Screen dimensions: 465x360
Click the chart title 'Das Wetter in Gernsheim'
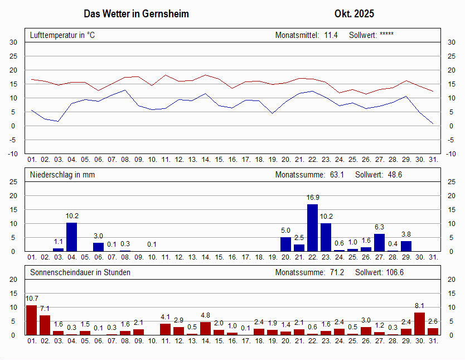coord(136,13)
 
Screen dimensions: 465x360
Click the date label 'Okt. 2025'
coord(354,13)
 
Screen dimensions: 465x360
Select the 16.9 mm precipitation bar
coord(313,228)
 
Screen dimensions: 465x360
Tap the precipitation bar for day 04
coord(72,237)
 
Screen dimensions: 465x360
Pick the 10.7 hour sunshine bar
coord(32,320)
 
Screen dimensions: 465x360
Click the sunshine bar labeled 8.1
coord(420,324)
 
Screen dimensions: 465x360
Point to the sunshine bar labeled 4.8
coord(206,328)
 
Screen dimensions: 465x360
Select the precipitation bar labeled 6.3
coord(380,242)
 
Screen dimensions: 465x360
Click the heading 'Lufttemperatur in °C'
coord(62,35)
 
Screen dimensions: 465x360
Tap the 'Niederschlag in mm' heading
coord(62,175)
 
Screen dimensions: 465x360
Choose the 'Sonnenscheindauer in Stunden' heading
coord(80,272)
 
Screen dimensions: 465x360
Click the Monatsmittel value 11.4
coord(331,35)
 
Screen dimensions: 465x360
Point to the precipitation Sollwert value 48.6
coord(395,175)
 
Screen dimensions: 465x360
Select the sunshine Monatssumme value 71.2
coord(337,272)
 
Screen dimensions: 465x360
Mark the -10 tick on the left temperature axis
coord(13,154)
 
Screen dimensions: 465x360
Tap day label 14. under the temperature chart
coord(206,160)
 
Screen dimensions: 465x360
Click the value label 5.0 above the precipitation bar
coord(285,231)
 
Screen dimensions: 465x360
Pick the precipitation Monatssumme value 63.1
coord(337,175)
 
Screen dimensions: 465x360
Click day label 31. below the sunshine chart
coord(433,341)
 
